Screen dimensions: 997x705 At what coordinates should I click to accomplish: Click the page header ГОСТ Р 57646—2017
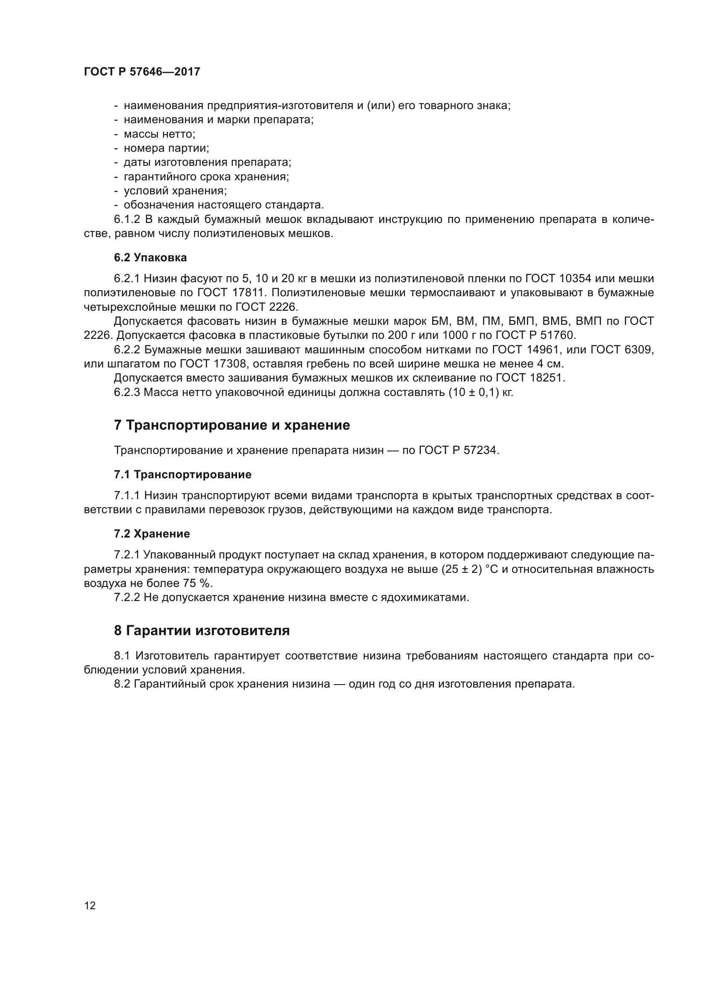tap(142, 72)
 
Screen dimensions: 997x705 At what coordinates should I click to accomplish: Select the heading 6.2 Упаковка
tap(150, 257)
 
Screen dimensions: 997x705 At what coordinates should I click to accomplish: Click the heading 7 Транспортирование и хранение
tap(232, 425)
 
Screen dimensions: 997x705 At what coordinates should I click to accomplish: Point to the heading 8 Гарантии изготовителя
tap(202, 630)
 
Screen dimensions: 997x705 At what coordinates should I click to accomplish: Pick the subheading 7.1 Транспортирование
tap(182, 474)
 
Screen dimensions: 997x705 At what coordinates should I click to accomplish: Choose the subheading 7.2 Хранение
tap(152, 534)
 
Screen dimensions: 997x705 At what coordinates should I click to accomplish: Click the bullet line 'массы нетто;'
tap(159, 134)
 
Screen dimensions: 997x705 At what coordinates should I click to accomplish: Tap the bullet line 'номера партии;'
tap(166, 148)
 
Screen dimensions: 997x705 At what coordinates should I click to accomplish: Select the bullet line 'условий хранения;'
tap(175, 191)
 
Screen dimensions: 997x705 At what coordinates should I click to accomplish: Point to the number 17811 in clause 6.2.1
tap(245, 293)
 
